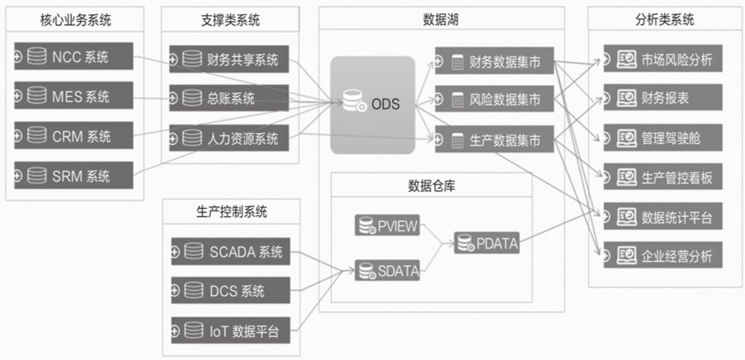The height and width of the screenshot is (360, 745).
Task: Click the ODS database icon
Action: (x=356, y=103)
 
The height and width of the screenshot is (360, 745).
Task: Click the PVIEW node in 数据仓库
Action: (x=388, y=226)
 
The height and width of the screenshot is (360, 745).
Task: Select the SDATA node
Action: (x=388, y=271)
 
